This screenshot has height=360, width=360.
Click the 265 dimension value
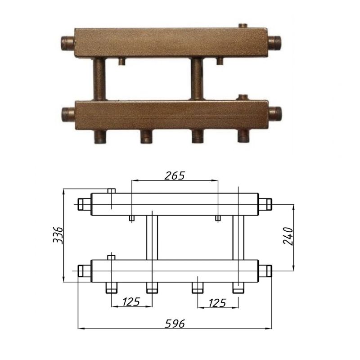tap(175, 175)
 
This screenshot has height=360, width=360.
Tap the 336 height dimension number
tap(58, 235)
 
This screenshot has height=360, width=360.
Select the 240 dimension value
tap(288, 236)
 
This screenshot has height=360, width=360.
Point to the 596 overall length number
tap(175, 324)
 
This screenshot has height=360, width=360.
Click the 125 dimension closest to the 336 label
tap(131, 301)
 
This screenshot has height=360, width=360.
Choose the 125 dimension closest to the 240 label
tap(217, 303)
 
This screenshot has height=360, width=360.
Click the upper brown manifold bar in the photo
tap(171, 43)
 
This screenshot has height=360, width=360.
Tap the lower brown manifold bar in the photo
tap(172, 115)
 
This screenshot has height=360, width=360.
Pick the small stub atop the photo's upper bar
tap(243, 26)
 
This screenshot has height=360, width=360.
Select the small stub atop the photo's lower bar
tap(243, 97)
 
